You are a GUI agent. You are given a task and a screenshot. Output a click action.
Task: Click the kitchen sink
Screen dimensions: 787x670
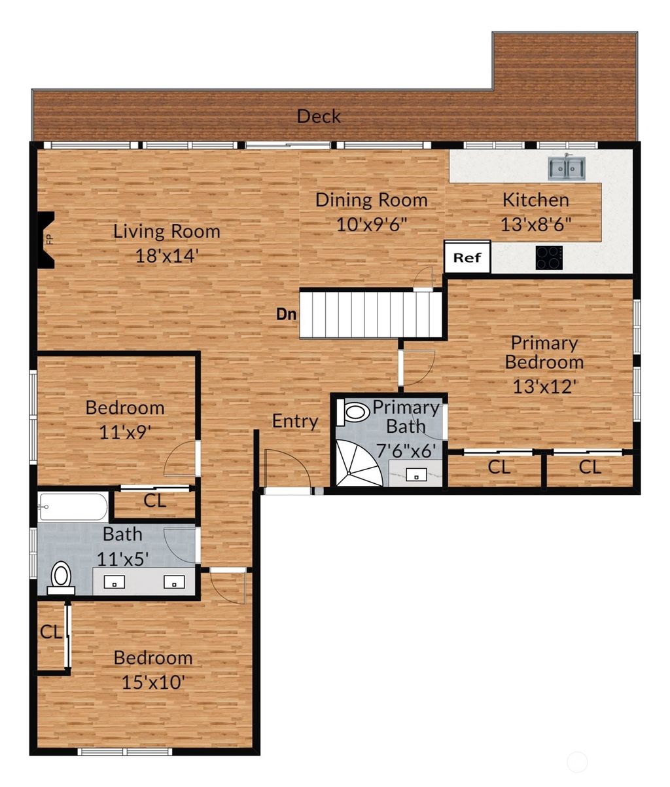coord(567,168)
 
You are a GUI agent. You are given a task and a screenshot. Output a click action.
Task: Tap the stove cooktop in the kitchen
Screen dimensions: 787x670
coord(549,257)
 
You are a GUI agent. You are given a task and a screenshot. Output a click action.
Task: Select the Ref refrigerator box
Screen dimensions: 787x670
coord(467,257)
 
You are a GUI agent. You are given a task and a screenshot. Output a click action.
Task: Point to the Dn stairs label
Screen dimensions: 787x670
coord(286,314)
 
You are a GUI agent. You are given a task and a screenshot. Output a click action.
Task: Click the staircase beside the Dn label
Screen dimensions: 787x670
coord(370,315)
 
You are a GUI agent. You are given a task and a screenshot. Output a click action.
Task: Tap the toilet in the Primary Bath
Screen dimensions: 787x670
coord(354,412)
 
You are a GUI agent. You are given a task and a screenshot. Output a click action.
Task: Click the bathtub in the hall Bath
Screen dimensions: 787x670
coord(73,506)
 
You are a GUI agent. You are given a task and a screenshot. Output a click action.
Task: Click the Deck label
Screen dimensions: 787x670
coord(319,117)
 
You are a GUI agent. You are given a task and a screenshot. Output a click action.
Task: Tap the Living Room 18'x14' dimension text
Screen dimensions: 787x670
coord(166,256)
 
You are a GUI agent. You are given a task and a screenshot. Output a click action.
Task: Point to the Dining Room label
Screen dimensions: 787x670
coord(371,200)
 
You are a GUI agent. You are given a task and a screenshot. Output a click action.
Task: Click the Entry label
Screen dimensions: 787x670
coord(295,421)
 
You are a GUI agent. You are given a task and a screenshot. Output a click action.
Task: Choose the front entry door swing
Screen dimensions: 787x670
coord(286,469)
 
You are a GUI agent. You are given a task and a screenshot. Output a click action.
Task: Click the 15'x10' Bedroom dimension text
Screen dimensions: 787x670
coord(153,682)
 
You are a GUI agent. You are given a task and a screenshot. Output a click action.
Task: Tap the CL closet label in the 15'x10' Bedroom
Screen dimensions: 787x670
coord(50,632)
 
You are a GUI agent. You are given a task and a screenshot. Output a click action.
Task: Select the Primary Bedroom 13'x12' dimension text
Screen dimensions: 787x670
coord(544,386)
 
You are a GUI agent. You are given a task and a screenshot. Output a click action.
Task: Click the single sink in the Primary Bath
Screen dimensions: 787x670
coord(416,475)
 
